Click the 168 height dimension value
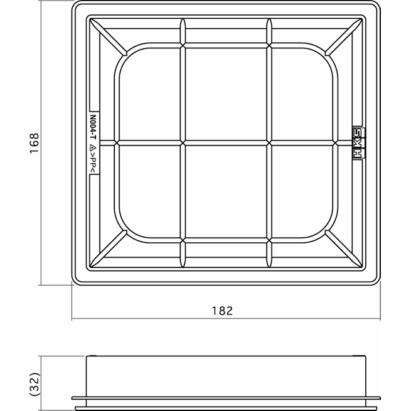(x=35, y=143)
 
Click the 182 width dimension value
(x=222, y=311)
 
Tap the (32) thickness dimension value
(x=35, y=384)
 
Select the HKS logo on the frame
(x=358, y=143)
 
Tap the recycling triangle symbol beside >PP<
(x=93, y=147)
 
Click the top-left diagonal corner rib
(x=108, y=37)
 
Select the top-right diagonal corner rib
(x=344, y=37)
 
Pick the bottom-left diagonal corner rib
(x=108, y=249)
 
